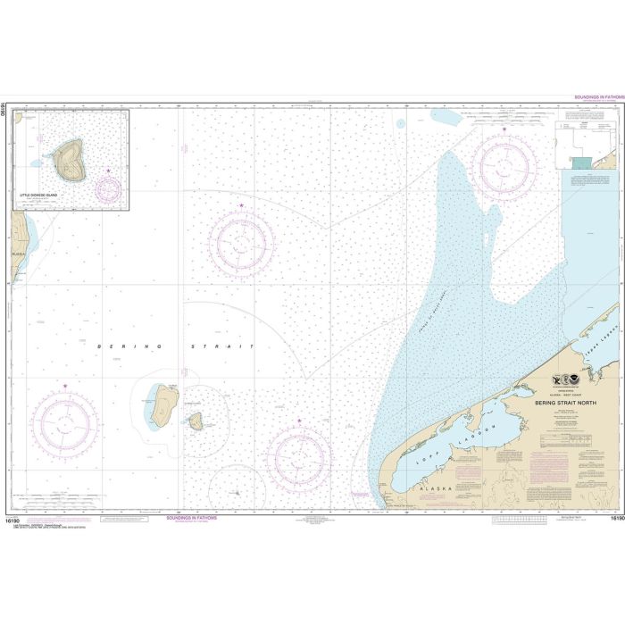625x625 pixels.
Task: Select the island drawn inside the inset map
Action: [x=69, y=159]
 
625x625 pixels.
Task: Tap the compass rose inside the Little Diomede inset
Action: [x=108, y=188]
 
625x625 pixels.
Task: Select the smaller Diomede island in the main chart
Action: [x=196, y=421]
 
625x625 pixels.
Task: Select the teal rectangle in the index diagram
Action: [x=581, y=162]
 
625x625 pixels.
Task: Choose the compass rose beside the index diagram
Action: [x=504, y=162]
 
